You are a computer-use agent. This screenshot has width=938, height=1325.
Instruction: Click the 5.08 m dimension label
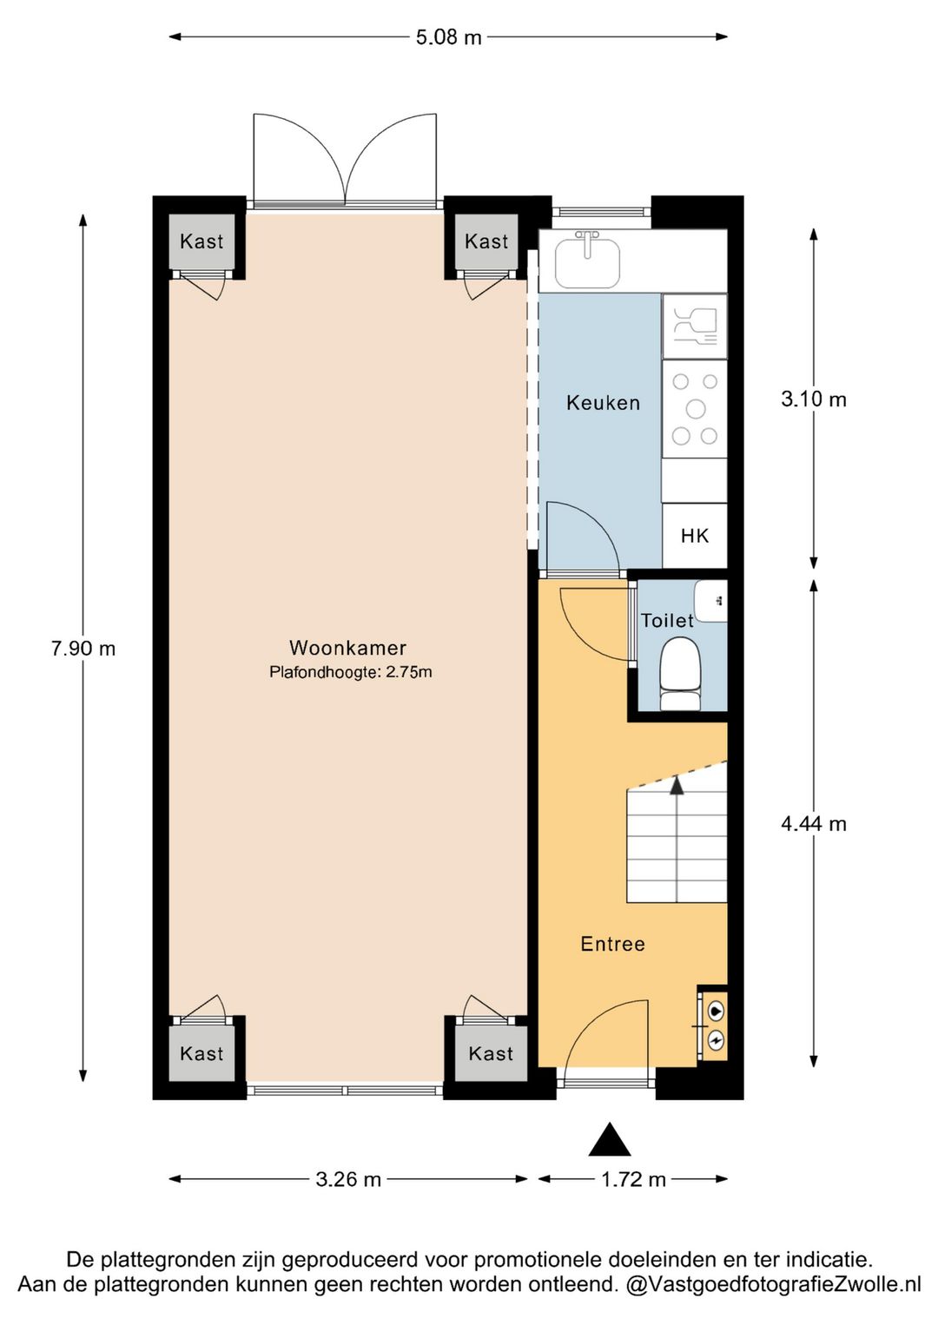(448, 37)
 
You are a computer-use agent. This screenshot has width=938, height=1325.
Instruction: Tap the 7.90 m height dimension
(83, 649)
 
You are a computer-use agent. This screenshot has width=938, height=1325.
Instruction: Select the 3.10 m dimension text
(814, 399)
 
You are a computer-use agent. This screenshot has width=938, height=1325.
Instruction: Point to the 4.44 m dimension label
(814, 824)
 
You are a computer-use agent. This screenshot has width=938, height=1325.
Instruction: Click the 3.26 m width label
(348, 1179)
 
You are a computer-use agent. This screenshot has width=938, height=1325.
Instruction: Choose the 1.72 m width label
(633, 1179)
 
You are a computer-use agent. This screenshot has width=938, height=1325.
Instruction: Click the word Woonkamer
(348, 648)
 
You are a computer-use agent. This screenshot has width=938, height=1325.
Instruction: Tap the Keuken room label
(603, 403)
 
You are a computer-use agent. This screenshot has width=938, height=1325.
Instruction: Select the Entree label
(612, 944)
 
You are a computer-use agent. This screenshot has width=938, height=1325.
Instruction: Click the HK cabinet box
(695, 536)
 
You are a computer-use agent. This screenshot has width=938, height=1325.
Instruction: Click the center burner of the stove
(696, 409)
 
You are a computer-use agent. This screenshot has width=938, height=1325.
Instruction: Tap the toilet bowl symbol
(680, 674)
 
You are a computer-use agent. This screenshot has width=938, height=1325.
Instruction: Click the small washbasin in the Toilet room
(710, 600)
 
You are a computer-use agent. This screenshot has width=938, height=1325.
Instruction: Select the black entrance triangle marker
(610, 1138)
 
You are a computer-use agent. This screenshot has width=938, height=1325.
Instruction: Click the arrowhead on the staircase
(677, 786)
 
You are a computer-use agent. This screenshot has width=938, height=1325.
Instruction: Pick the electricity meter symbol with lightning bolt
(716, 1038)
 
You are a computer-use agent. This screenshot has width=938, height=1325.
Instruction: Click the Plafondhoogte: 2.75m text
(350, 673)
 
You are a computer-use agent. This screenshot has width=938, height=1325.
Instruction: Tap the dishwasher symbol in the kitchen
(695, 326)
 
